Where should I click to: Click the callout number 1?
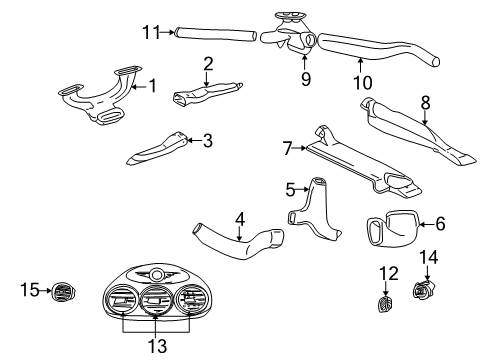(152, 86)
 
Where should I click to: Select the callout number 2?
(209, 63)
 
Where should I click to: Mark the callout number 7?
(287, 149)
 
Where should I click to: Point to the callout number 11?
(151, 32)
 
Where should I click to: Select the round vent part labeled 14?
(426, 293)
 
